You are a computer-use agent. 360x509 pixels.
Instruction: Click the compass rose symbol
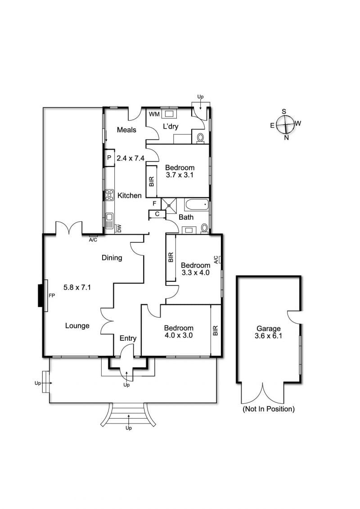coord(286,124)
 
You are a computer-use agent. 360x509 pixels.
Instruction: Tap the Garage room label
coord(269,329)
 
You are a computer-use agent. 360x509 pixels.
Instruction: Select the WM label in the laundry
coord(154,114)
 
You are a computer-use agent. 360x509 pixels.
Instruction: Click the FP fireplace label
coord(52,295)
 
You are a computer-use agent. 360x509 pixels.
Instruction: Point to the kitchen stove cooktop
coord(109,195)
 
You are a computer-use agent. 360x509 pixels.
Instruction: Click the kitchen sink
coord(109,221)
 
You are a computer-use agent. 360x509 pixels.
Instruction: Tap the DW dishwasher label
coord(119,229)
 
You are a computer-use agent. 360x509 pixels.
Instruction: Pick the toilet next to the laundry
coord(200,138)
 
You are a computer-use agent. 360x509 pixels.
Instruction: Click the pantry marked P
coord(109,158)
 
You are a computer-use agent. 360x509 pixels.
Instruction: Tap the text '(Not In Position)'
coord(269,409)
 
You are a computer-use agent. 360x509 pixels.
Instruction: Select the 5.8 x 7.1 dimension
coord(77,287)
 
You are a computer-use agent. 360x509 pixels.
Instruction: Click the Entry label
coord(128,338)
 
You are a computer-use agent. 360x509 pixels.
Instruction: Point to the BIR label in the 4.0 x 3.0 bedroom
coord(216,330)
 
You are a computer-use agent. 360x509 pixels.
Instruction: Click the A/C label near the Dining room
coord(93,240)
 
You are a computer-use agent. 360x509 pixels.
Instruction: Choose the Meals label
coord(126,130)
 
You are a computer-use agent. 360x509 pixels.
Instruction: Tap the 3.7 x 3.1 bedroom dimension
coord(180,175)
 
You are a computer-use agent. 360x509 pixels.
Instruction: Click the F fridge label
coord(154,203)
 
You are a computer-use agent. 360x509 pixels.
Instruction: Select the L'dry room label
coord(171,126)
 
